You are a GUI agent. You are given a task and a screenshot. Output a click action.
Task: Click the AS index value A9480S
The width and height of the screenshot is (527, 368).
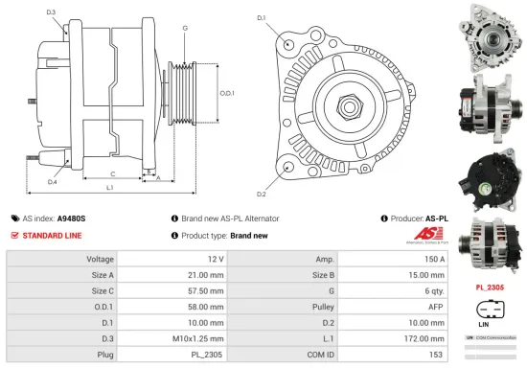(x=71, y=218)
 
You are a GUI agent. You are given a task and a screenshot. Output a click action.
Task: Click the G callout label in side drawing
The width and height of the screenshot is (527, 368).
(x=184, y=29)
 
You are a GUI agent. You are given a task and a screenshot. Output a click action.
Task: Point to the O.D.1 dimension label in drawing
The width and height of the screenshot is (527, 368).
(x=227, y=94)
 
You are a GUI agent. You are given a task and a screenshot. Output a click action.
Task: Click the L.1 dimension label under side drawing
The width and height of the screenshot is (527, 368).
(x=111, y=188)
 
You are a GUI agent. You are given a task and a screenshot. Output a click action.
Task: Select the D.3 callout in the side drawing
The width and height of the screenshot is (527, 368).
(x=51, y=12)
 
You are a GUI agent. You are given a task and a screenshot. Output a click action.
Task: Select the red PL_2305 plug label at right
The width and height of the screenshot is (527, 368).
(x=491, y=286)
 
